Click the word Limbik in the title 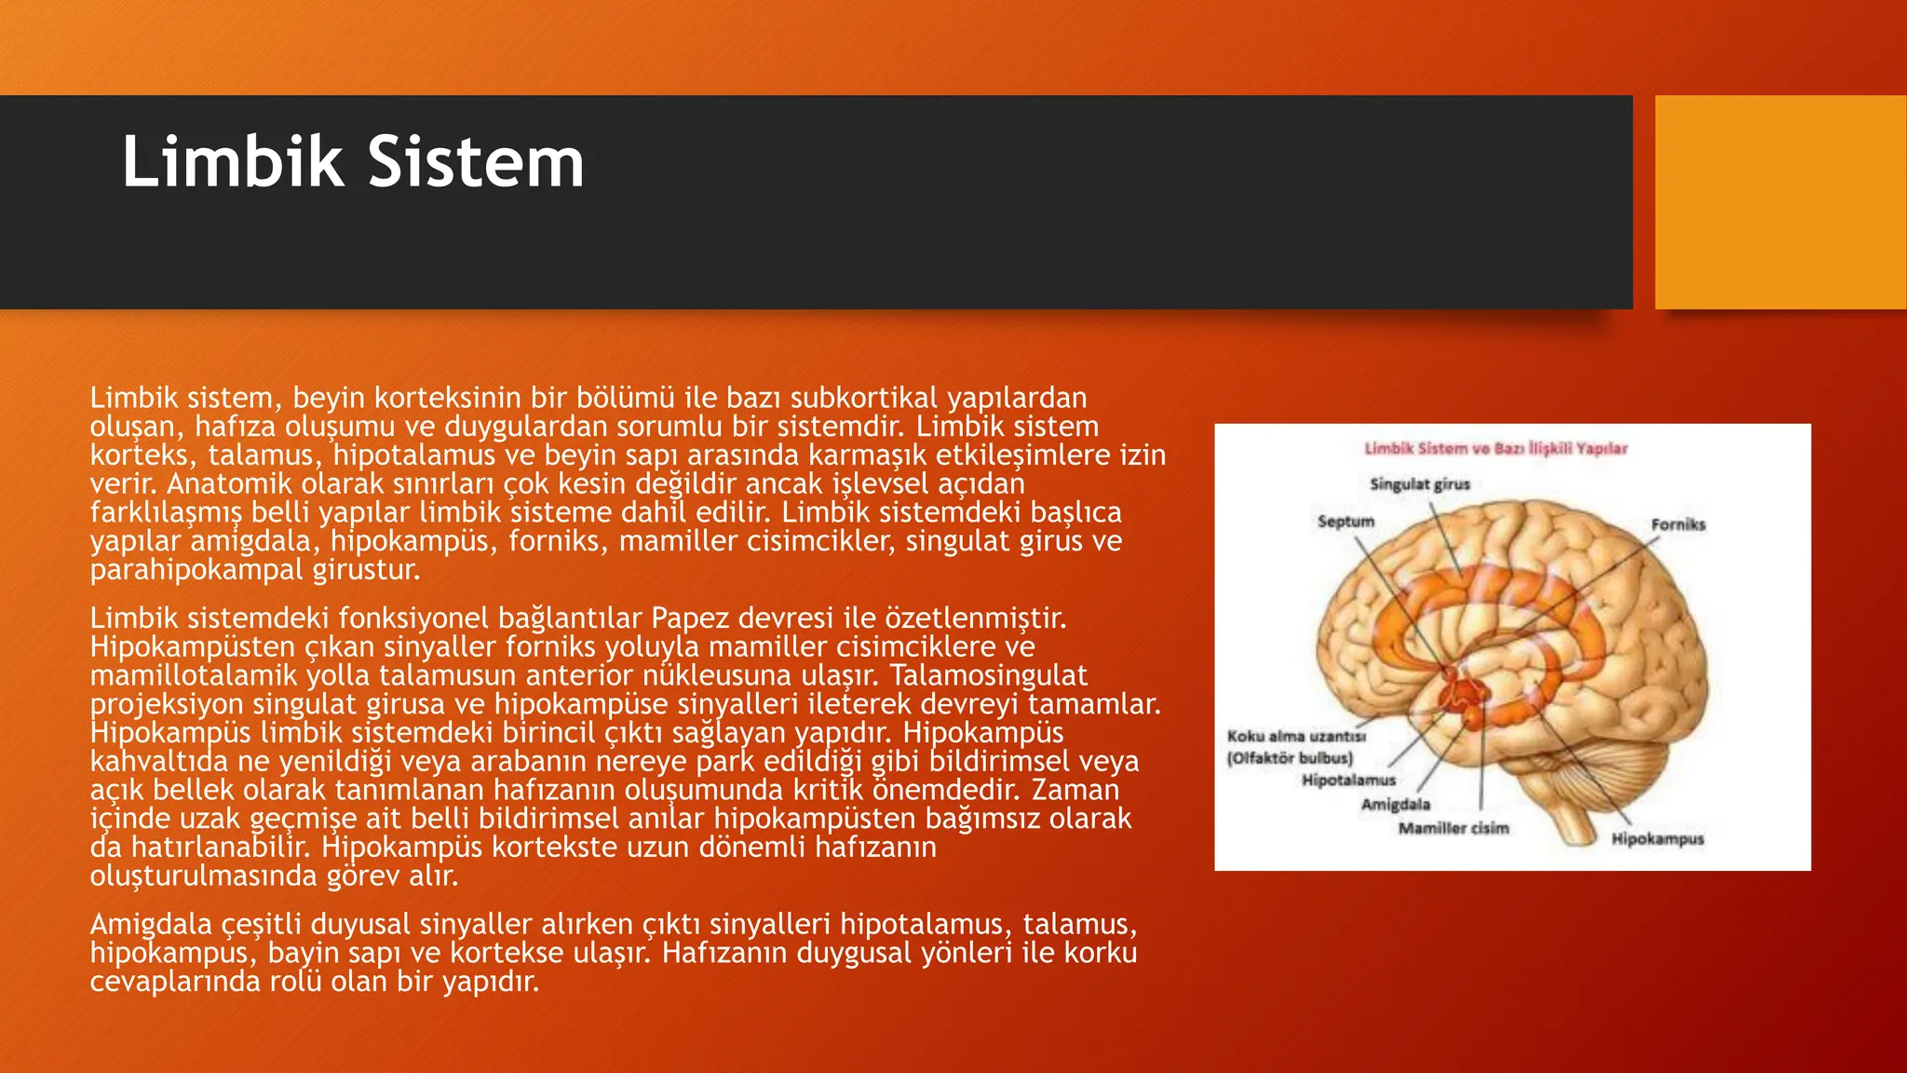pos(233,162)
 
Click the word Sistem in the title pos(476,162)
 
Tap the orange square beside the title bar pos(1779,202)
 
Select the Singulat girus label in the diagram pos(1419,484)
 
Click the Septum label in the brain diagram pos(1346,522)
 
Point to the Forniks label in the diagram pos(1678,524)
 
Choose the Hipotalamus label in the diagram pos(1348,781)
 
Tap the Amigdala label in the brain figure pos(1395,805)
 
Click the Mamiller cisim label pos(1453,828)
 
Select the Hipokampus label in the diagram pos(1657,839)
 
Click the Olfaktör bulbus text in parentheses pos(1290,758)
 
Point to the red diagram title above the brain pos(1495,449)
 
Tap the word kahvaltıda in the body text pos(158,762)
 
